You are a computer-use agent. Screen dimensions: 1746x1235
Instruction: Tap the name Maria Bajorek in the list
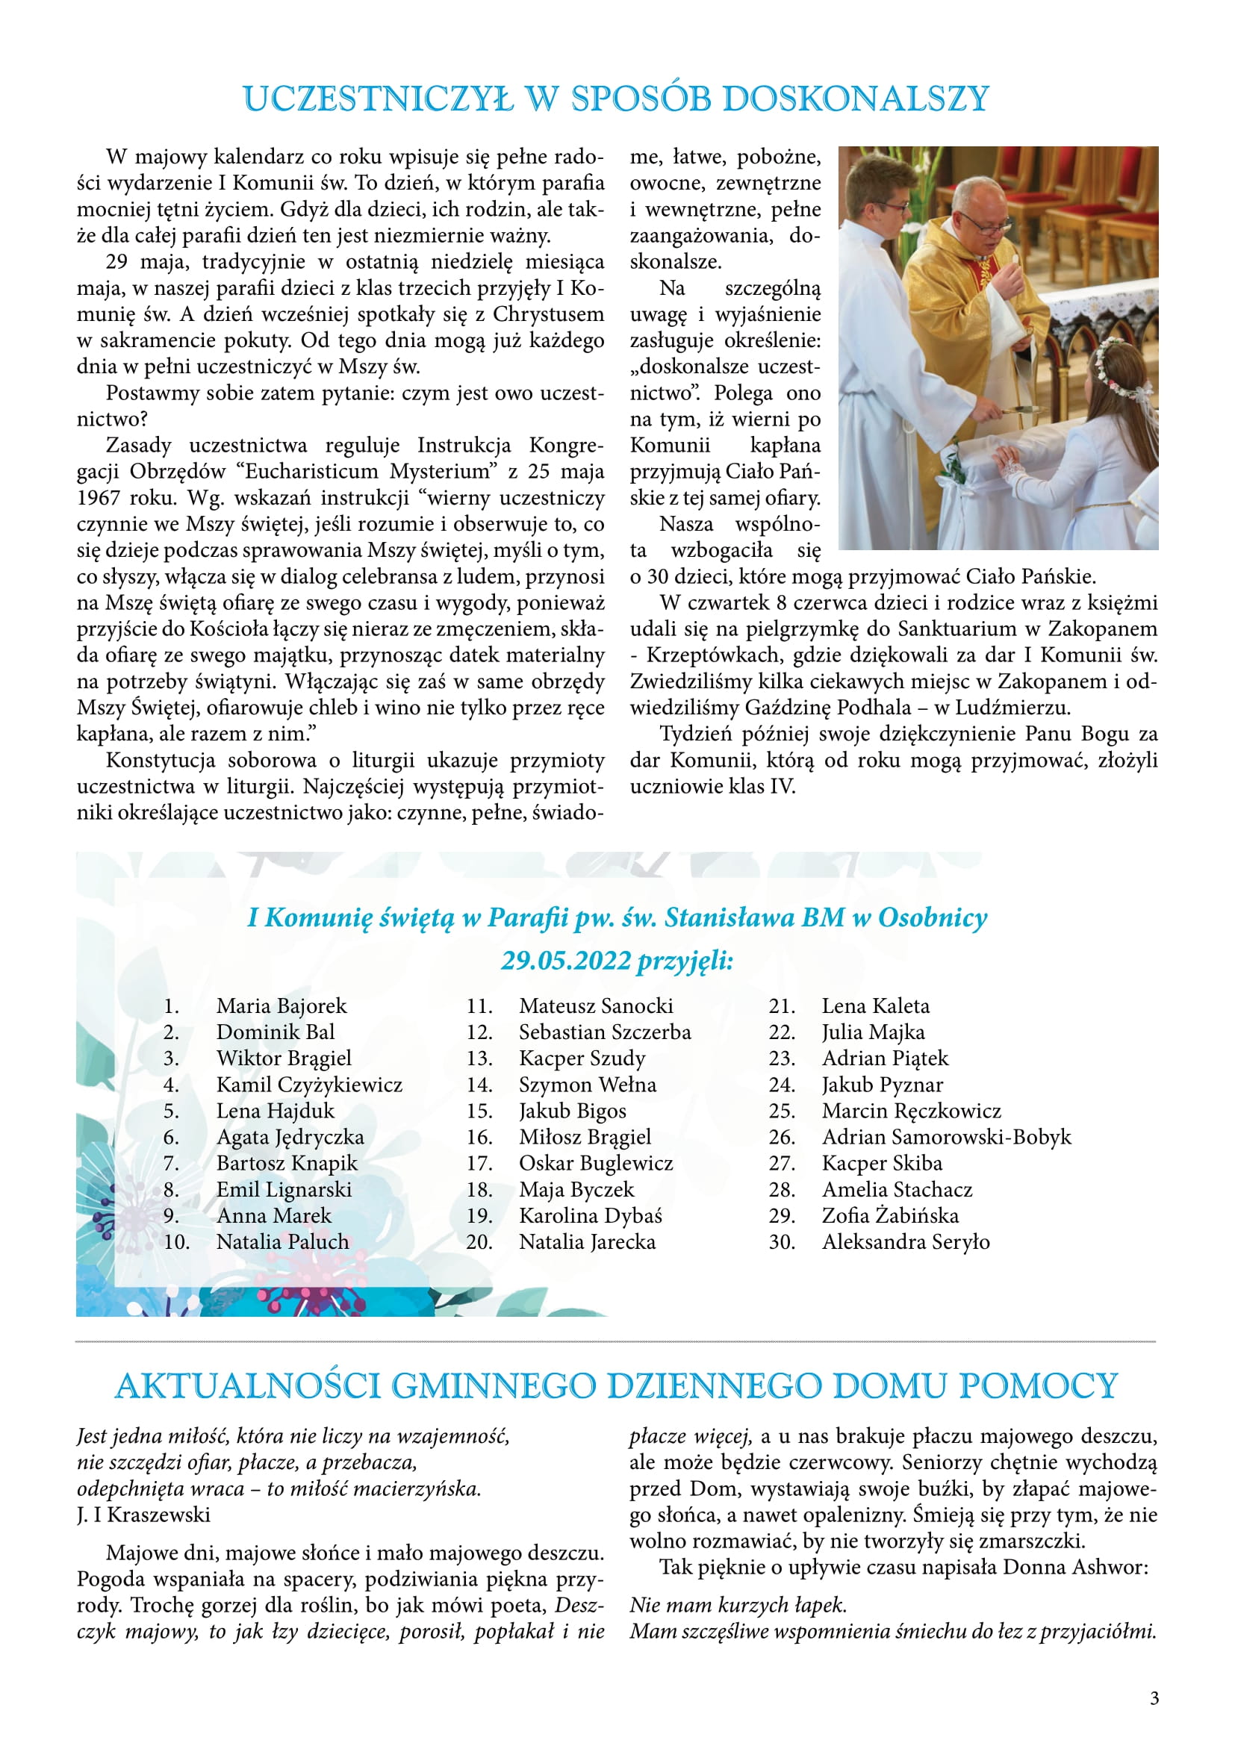[281, 1006]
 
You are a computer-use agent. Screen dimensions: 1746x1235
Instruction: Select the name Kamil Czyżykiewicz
[309, 1085]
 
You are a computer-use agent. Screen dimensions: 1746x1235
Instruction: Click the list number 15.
[479, 1111]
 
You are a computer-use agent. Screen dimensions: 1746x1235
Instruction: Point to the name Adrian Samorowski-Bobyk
[946, 1137]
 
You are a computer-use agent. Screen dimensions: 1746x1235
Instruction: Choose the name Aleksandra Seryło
[905, 1242]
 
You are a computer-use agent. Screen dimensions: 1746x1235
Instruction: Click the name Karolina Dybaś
[590, 1215]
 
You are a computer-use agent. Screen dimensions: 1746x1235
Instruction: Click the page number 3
[1154, 1698]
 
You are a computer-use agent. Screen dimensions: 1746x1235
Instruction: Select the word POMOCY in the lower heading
[1038, 1386]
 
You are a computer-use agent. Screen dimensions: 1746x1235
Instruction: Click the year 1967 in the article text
[98, 498]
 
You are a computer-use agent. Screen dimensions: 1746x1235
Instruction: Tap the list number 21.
[782, 1006]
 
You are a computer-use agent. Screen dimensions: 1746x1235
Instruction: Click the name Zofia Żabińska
[890, 1215]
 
